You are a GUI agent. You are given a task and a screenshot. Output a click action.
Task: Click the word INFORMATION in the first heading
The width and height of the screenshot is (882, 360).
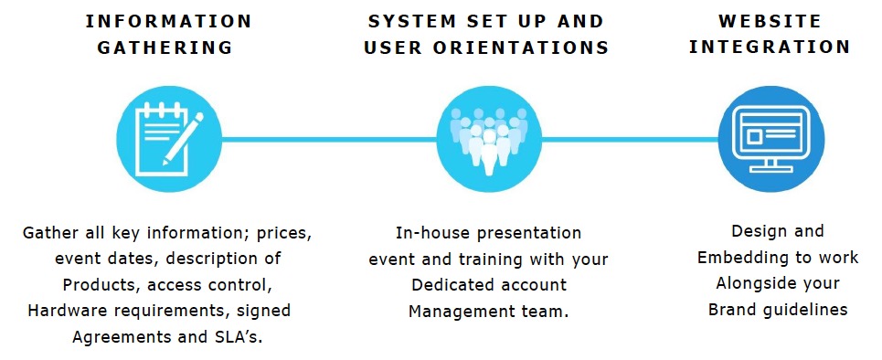point(168,22)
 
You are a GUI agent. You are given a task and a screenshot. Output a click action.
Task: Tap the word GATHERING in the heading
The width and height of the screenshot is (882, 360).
point(165,48)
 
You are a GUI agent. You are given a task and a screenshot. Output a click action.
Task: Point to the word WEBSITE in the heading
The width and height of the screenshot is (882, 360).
point(770,22)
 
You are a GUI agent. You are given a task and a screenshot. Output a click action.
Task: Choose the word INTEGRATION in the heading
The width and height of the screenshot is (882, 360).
point(770,48)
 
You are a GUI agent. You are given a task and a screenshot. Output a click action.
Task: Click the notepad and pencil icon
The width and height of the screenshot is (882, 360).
point(169,139)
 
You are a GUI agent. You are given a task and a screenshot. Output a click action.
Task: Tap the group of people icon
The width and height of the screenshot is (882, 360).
point(489,139)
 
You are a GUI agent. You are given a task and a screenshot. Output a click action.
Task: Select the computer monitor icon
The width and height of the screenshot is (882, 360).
point(771,139)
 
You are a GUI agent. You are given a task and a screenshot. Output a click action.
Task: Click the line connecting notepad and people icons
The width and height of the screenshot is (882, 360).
point(329,139)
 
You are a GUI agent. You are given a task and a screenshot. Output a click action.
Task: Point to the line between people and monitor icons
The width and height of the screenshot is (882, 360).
point(630,139)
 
